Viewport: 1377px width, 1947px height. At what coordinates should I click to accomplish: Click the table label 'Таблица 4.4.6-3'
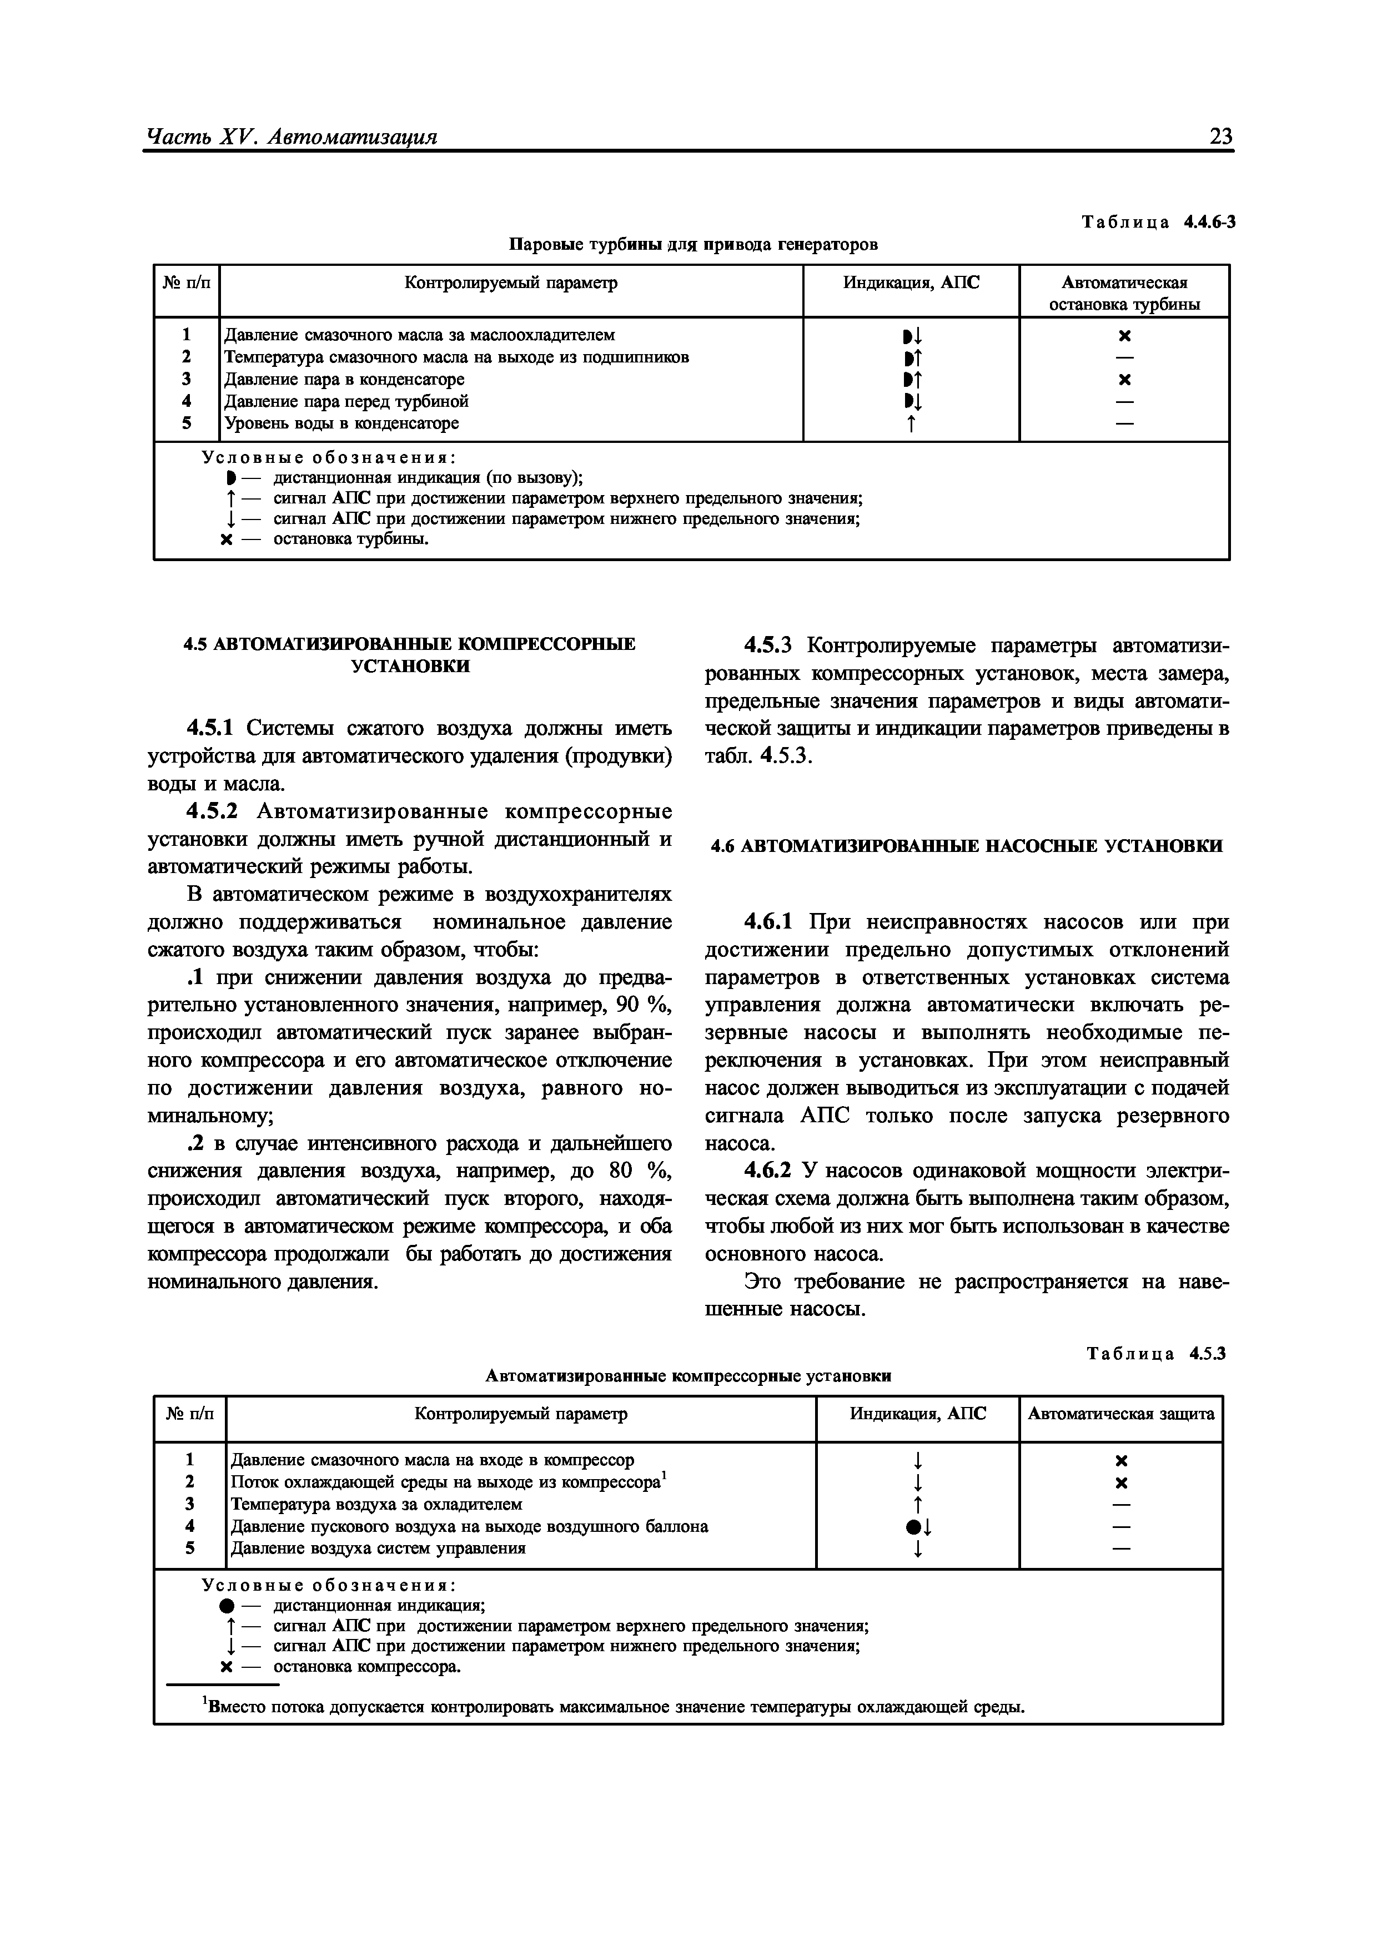(x=1158, y=222)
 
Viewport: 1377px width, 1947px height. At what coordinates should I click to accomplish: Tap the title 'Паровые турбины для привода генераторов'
(x=692, y=245)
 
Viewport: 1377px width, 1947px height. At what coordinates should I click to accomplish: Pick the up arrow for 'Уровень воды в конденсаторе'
(x=911, y=423)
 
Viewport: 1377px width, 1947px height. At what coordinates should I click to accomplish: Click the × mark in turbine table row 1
(x=1124, y=336)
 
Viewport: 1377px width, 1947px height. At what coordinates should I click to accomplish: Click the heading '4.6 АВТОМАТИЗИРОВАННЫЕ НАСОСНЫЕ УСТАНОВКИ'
(x=966, y=846)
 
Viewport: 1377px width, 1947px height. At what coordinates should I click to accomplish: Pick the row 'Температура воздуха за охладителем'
(x=376, y=1504)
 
